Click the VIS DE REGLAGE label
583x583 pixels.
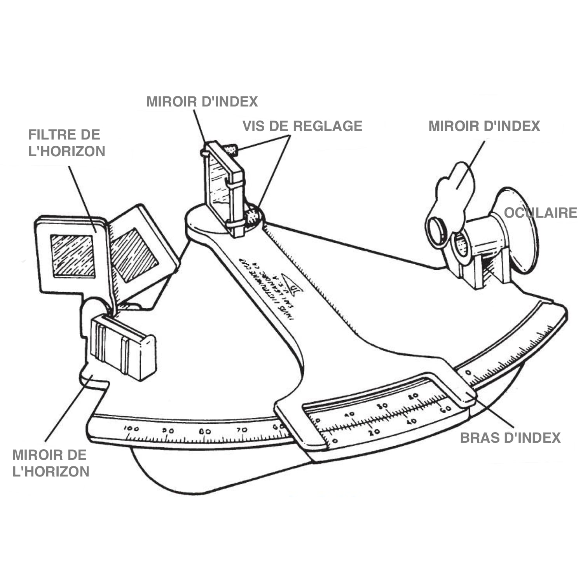pos(302,126)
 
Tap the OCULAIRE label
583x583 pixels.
pos(540,213)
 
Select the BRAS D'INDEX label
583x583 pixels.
pos(510,438)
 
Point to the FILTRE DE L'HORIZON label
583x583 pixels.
pos(66,143)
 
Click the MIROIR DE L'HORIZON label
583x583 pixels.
pos(51,463)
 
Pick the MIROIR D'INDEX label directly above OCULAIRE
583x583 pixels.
pos(484,126)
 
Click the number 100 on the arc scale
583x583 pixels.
pos(131,428)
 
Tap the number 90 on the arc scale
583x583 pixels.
pos(168,431)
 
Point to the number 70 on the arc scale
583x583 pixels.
pos(242,430)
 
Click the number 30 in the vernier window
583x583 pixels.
pos(383,405)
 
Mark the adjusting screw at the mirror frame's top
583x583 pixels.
pos(231,149)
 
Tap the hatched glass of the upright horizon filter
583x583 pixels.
pos(73,256)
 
